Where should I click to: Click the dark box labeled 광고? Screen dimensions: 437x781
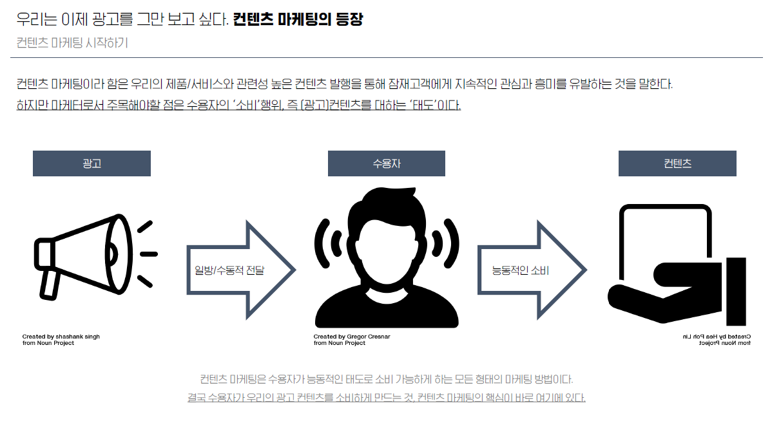point(92,163)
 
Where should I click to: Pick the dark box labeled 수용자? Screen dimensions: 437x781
point(386,163)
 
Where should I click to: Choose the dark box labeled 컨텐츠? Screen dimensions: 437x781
point(677,163)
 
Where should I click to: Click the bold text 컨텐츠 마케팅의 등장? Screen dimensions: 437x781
point(298,19)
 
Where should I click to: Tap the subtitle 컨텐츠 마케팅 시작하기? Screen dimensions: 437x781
point(72,43)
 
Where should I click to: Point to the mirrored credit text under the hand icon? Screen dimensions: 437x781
point(716,340)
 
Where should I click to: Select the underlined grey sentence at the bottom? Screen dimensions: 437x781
point(386,398)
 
